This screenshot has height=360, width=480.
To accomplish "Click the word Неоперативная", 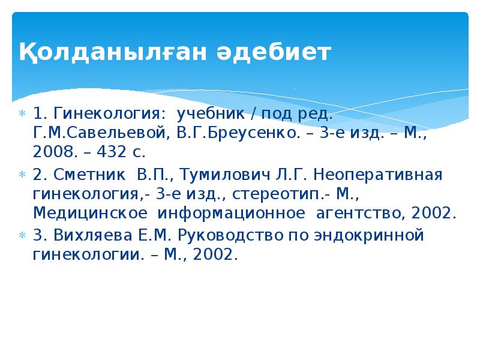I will coord(379,175).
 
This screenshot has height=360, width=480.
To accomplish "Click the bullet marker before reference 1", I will coord(22,114).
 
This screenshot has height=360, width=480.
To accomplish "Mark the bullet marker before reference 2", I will coord(22,175).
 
